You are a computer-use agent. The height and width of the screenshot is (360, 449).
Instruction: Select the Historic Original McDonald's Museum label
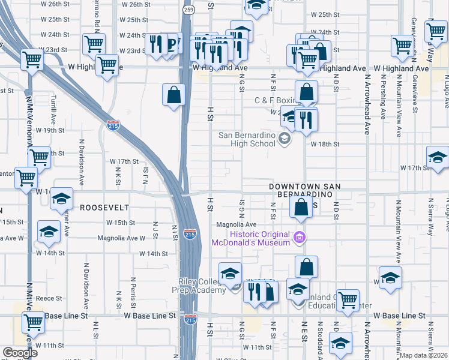click(x=258, y=239)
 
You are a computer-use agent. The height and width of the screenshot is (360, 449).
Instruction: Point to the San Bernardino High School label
click(x=246, y=139)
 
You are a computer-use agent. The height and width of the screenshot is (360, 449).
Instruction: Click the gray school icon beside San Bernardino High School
click(x=285, y=140)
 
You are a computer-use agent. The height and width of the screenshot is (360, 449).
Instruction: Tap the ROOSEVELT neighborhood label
click(x=105, y=207)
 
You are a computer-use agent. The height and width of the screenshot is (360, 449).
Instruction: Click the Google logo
click(x=20, y=353)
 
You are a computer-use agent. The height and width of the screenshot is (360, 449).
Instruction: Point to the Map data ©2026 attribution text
click(x=423, y=355)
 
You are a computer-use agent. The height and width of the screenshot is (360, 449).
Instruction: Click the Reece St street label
click(x=49, y=298)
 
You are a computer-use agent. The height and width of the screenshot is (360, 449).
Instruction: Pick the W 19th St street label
click(x=50, y=130)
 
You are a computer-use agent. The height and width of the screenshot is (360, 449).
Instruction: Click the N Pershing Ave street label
click(x=382, y=98)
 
